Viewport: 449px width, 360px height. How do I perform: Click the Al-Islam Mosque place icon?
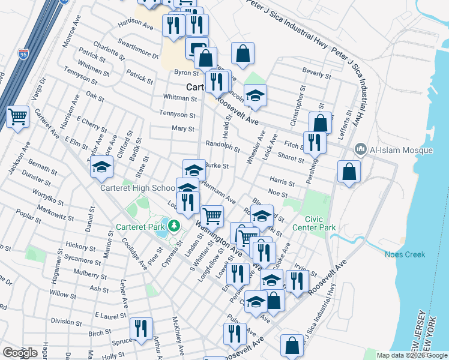pos(361,148)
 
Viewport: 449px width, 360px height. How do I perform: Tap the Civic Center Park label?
pos(314,223)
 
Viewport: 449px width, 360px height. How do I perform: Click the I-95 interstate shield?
pos(23,55)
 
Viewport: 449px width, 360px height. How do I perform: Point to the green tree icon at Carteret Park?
pos(174,226)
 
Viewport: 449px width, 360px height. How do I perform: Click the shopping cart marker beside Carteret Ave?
pos(17,116)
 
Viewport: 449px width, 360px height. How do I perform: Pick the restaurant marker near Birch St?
pos(142,329)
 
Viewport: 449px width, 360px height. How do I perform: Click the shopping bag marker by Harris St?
pos(349,172)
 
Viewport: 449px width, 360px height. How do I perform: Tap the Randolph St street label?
pos(222,147)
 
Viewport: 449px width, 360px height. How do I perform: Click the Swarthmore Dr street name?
pos(137,52)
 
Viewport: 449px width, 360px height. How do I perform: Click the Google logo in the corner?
pos(20,353)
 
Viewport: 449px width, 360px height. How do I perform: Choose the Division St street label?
pos(66,321)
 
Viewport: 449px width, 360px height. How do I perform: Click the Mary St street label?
pos(182,128)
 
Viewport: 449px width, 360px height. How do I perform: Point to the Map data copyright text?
pos(411,355)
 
